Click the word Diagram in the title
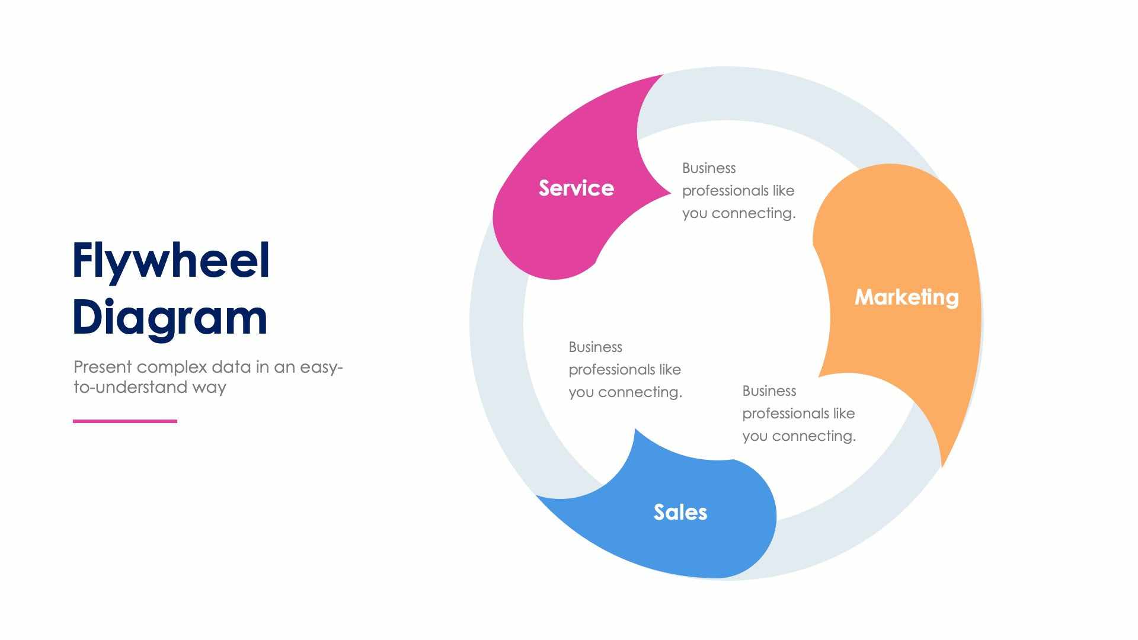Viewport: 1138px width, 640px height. click(x=170, y=318)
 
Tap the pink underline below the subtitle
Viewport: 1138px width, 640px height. click(x=125, y=421)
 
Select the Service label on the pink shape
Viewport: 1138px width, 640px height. click(x=576, y=188)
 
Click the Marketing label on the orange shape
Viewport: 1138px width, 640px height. click(x=906, y=297)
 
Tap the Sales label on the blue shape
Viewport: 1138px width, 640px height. click(x=680, y=513)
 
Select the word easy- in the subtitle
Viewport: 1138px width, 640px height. click(x=321, y=367)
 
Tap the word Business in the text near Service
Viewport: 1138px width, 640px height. click(x=709, y=168)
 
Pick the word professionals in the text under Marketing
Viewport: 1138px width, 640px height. click(x=785, y=414)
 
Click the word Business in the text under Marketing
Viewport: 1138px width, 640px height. click(x=769, y=391)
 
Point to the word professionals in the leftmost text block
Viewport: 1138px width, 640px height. click(x=612, y=370)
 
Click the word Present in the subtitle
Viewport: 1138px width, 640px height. click(x=103, y=367)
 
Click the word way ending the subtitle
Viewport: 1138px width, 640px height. click(x=209, y=388)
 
